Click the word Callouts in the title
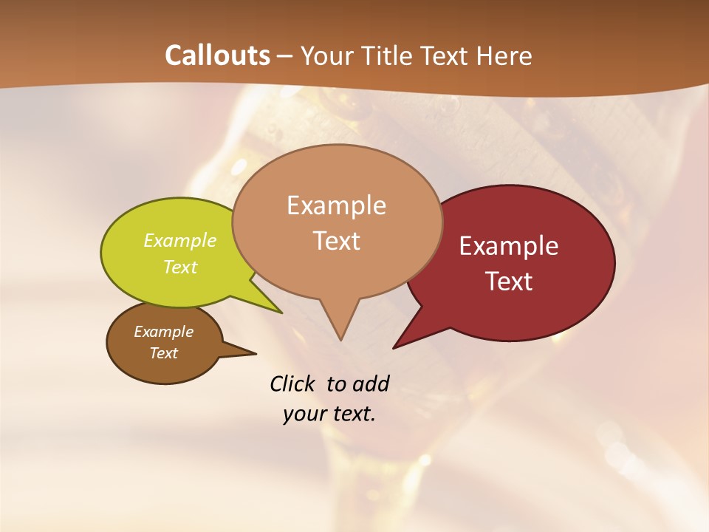[217, 55]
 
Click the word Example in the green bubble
[180, 241]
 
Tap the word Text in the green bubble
[180, 267]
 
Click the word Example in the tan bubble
[336, 205]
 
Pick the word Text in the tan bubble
[337, 241]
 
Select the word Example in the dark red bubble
[509, 246]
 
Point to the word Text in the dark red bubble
[510, 282]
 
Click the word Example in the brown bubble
[163, 332]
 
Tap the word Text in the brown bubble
[163, 353]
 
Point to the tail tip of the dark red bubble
[397, 345]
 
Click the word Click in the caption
[294, 383]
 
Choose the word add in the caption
[370, 383]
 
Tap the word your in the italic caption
[304, 414]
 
